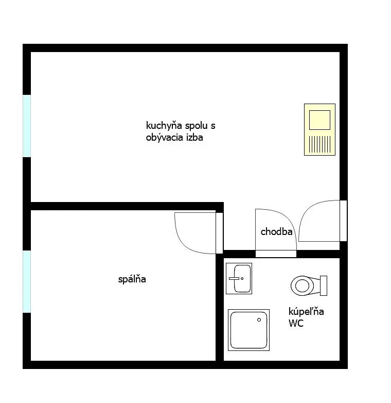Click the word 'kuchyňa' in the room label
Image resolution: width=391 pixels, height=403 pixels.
pos(164,125)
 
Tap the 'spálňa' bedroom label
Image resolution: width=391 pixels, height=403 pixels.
pos(132,279)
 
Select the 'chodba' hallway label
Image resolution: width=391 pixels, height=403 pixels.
pos(276,232)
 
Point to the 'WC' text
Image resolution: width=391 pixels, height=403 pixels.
pos(296,323)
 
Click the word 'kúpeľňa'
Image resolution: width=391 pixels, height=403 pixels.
pos(306,311)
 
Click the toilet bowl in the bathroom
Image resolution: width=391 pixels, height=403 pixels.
pos(303,286)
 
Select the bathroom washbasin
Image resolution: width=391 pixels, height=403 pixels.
pos(239,278)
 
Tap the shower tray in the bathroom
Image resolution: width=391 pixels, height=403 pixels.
pos(248,330)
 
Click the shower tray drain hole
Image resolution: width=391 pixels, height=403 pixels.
pos(259,320)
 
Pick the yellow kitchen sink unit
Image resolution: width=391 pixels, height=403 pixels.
pos(319,129)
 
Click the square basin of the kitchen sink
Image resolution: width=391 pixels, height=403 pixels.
pos(319,120)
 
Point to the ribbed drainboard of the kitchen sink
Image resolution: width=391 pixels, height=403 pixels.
pos(319,144)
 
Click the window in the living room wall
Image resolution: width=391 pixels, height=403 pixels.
pos(27,126)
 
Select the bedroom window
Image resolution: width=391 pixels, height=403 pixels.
pos(27,281)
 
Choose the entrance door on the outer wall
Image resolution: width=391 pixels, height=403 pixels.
pos(344,221)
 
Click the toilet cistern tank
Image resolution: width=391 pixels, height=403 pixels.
pos(324,286)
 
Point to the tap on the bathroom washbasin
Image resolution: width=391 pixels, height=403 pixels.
pos(234,278)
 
